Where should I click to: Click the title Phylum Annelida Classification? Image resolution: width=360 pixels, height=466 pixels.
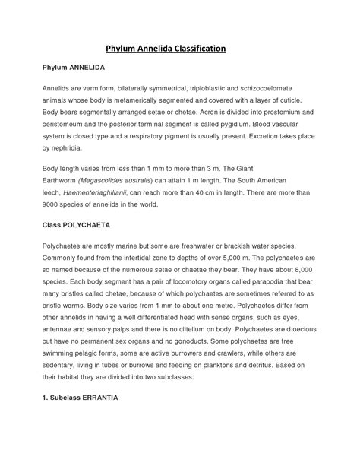coord(179,48)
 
